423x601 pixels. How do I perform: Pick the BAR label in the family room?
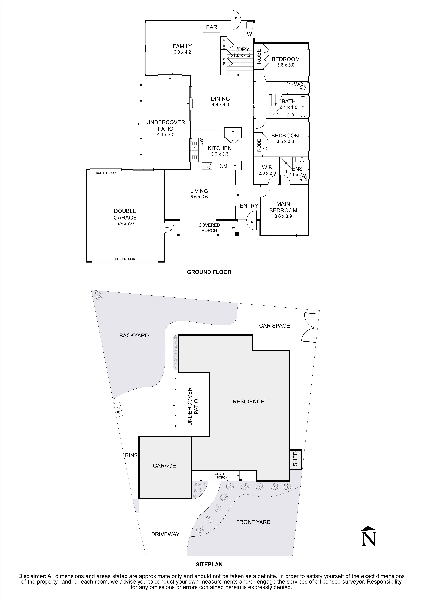pos(212,27)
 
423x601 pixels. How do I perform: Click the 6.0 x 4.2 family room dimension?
pos(182,52)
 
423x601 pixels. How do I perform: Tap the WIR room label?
pos(267,167)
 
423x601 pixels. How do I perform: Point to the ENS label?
pos(297,169)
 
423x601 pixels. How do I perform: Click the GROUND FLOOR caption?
pos(209,272)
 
